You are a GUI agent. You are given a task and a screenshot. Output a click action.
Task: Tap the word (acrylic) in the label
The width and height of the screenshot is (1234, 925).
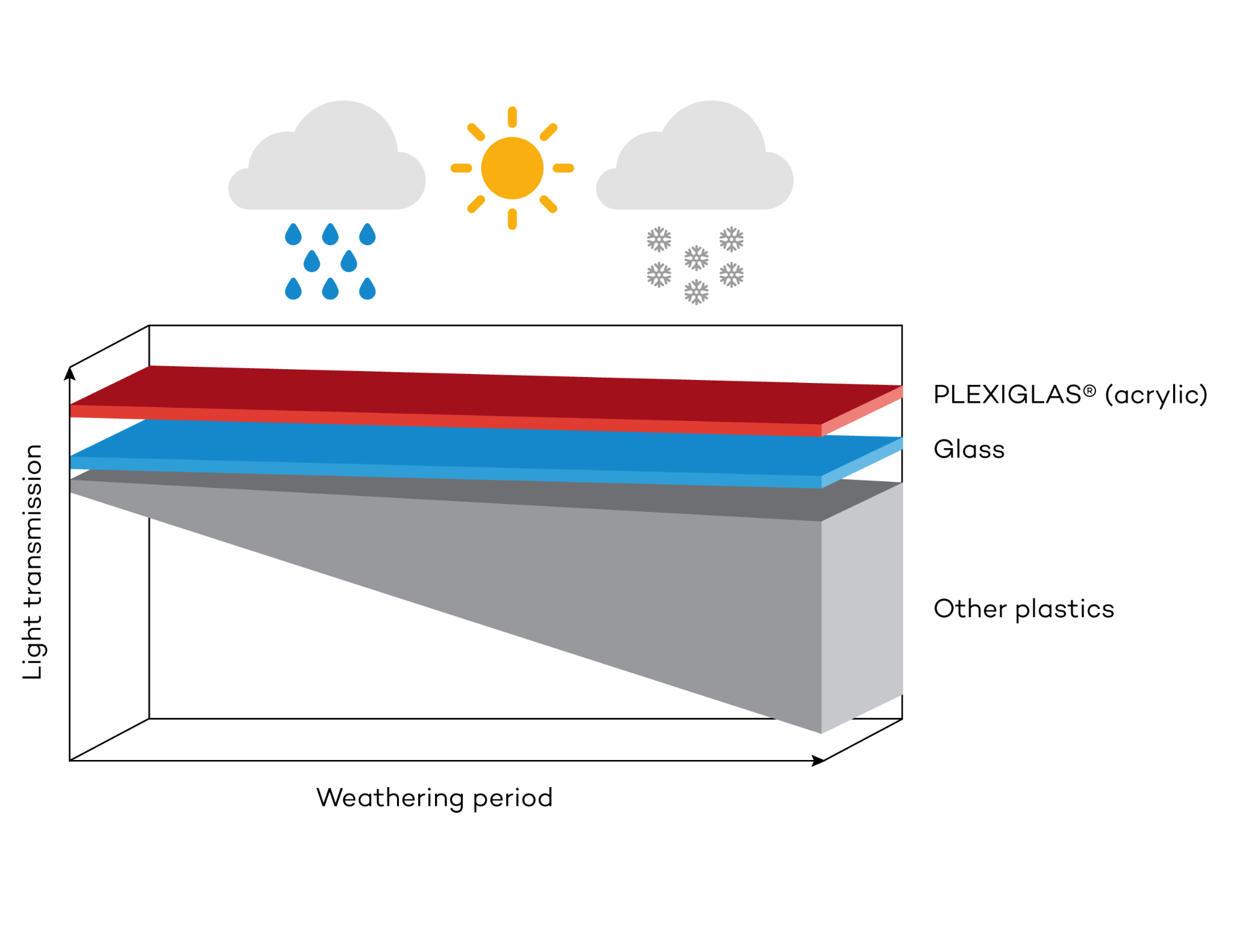[1156, 395]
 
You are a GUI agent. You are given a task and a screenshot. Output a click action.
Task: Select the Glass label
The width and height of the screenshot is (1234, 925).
[969, 449]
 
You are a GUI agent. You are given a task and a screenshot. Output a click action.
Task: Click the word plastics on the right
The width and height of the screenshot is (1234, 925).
[1065, 609]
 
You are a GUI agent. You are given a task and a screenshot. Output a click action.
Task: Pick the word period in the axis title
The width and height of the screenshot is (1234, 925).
[513, 799]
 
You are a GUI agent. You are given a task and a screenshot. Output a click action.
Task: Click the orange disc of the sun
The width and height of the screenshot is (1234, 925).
[512, 168]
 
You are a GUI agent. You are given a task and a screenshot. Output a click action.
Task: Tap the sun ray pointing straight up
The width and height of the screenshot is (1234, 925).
[512, 117]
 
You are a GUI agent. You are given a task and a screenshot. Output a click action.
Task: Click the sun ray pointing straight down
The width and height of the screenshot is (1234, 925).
[512, 219]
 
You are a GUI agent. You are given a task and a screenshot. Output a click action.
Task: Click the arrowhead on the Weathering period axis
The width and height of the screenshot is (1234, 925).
[818, 761]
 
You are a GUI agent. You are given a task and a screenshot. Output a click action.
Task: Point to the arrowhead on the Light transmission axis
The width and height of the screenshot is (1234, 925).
[70, 374]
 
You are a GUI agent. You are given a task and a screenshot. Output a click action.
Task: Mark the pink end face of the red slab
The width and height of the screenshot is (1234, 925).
[862, 411]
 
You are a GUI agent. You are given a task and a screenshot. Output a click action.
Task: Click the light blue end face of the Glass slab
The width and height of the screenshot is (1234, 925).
[862, 462]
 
